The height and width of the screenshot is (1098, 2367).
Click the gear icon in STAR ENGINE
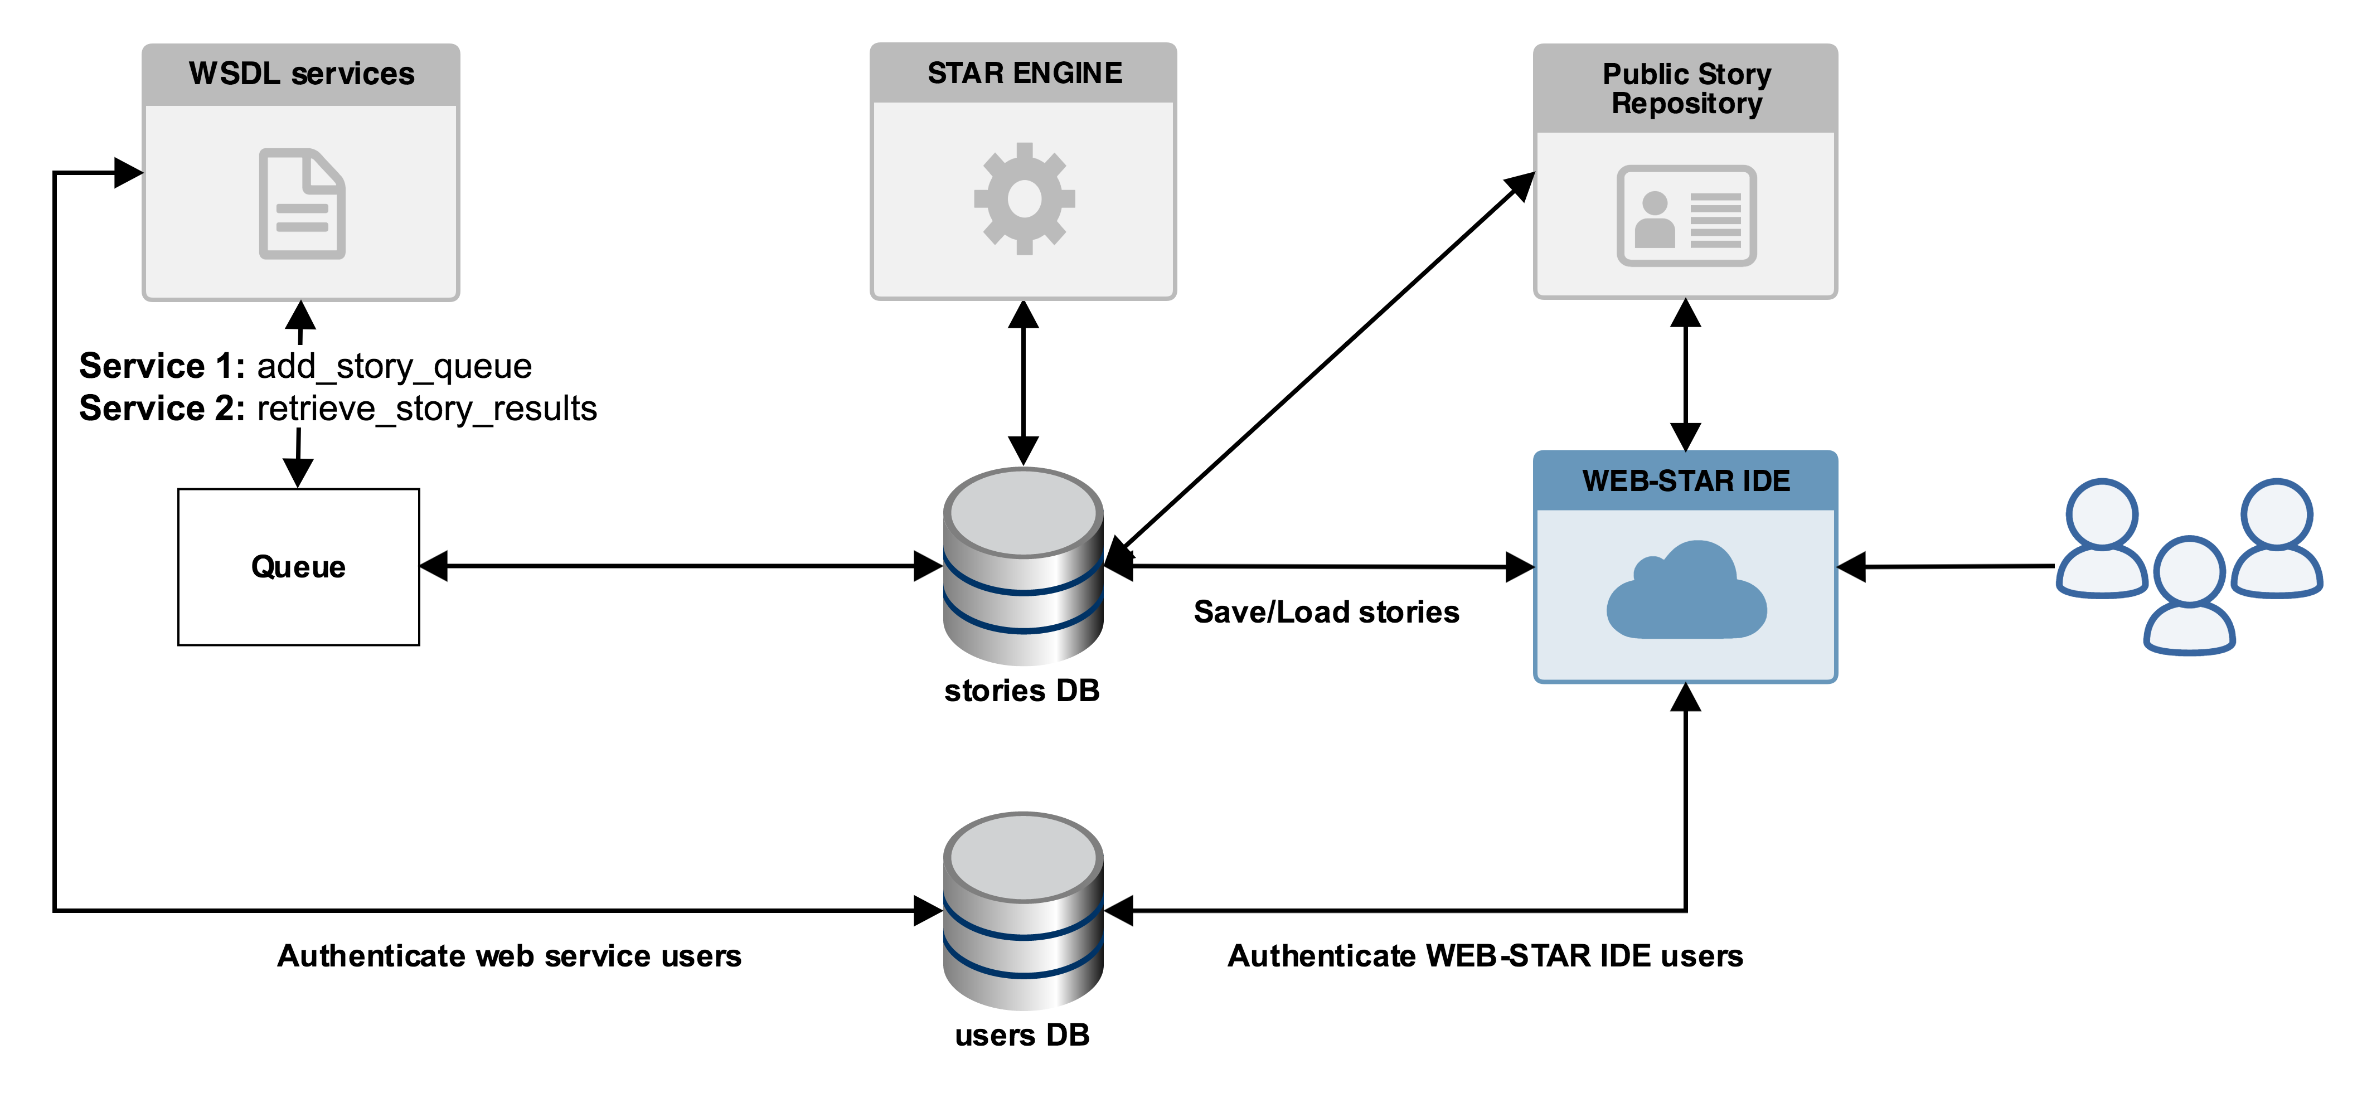click(x=1024, y=198)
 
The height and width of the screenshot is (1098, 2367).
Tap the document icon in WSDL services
click(x=302, y=204)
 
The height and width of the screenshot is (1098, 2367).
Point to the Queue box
click(x=299, y=567)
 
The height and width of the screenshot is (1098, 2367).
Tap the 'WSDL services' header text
click(x=302, y=74)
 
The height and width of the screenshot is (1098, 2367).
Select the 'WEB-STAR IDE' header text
click(x=1686, y=480)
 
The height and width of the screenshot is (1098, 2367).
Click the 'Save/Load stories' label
click(x=1326, y=612)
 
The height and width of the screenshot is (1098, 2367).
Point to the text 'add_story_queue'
click(x=394, y=366)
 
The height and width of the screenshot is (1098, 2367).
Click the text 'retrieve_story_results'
click(x=427, y=408)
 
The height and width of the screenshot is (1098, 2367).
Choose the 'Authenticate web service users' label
click(x=509, y=955)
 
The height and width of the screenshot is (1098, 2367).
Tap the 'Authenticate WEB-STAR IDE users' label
click(x=1485, y=955)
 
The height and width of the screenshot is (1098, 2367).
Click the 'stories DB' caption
click(x=1022, y=690)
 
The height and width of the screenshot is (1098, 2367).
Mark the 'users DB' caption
click(x=1022, y=1034)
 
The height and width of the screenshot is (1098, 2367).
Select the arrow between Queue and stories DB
click(x=680, y=566)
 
